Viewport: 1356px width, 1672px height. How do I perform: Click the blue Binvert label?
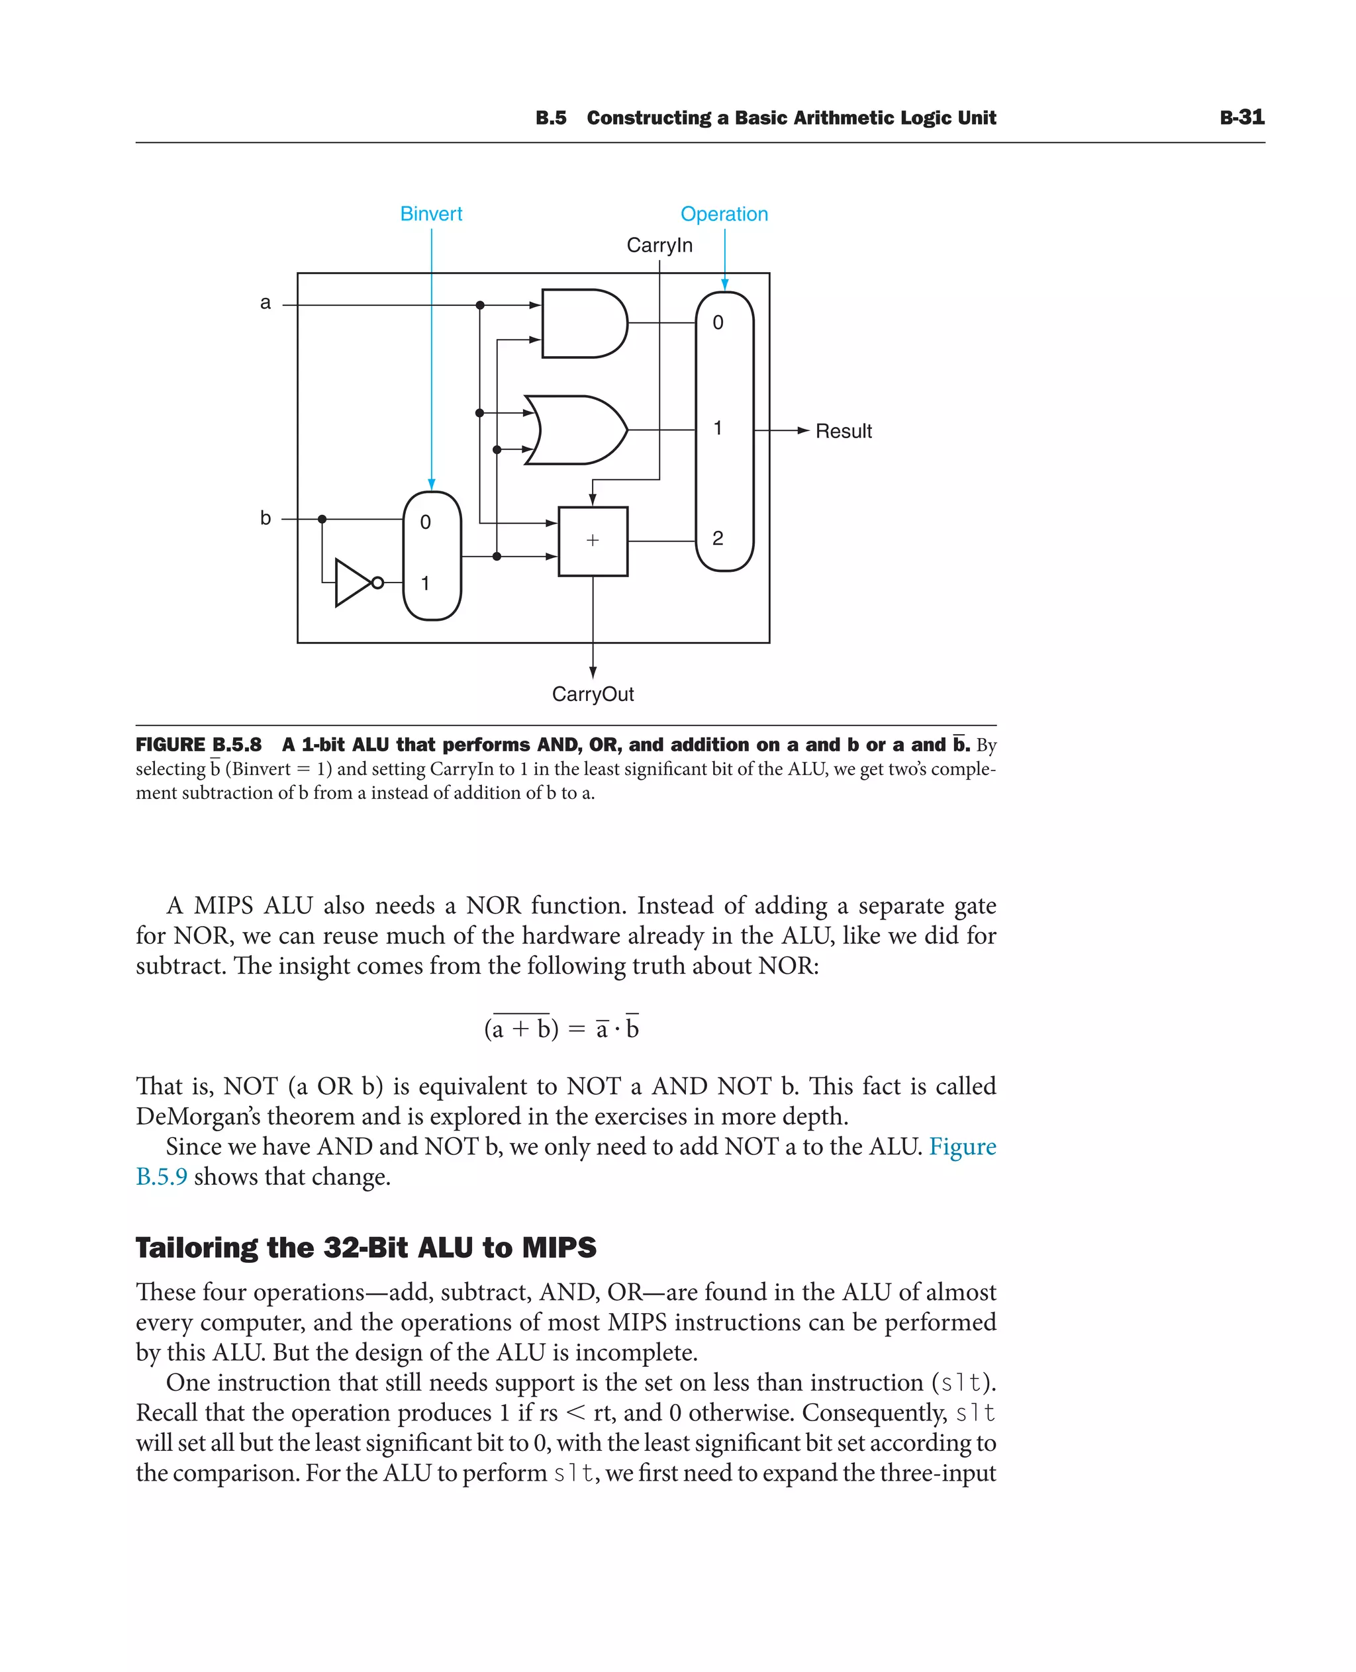pos(430,214)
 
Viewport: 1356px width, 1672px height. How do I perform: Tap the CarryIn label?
pos(659,245)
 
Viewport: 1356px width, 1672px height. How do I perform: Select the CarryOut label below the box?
pos(592,694)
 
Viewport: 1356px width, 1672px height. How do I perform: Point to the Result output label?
pos(843,431)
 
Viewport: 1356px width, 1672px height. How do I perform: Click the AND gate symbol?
pos(582,323)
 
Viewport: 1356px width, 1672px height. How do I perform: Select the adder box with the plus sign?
pos(592,541)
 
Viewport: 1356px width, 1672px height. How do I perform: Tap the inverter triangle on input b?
pos(353,582)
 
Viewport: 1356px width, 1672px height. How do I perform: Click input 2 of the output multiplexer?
pos(717,538)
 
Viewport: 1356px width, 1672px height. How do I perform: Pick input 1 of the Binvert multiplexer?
pos(425,583)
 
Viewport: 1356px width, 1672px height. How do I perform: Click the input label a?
pos(266,303)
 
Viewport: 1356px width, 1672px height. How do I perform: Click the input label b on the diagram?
pos(266,518)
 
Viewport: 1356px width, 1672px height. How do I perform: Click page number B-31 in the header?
pos(1241,117)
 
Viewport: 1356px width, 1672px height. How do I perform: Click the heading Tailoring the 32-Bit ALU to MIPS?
pos(365,1247)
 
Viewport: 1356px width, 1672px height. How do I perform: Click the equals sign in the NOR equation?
pos(577,1029)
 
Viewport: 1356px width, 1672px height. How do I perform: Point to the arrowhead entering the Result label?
pos(802,430)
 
